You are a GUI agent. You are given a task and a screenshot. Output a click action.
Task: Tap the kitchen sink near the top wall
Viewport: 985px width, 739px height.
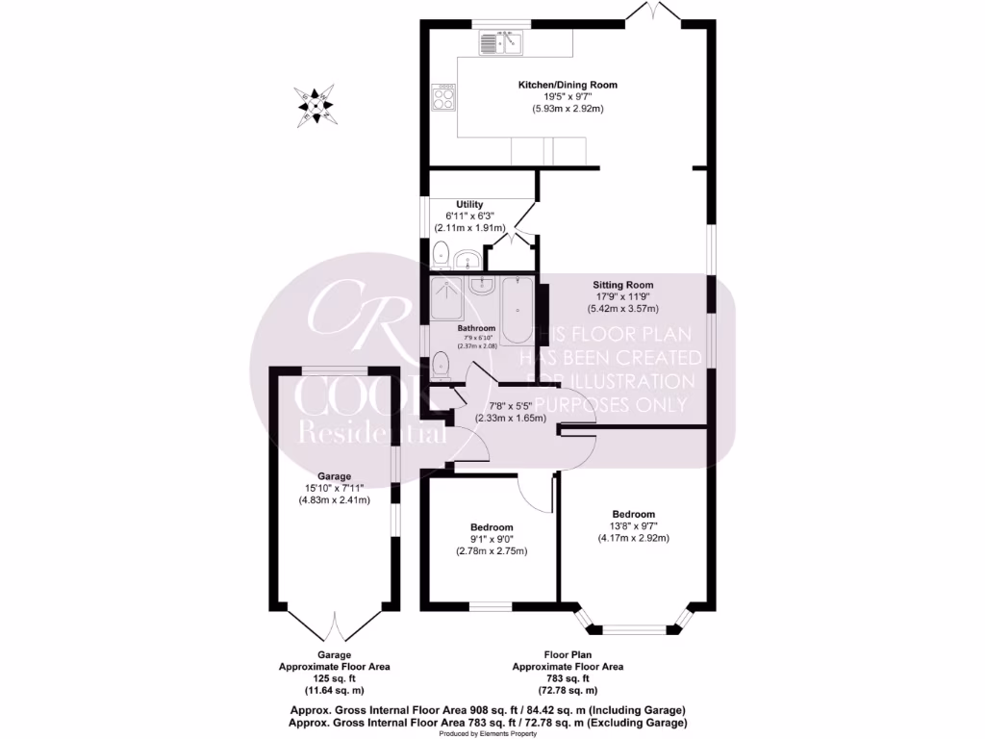(x=501, y=42)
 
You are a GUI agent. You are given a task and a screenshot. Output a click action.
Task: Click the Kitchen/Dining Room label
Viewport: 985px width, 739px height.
(x=568, y=85)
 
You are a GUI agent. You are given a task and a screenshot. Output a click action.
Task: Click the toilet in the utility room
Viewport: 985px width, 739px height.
(x=440, y=255)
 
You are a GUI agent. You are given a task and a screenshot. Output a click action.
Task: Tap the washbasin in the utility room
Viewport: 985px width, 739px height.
(x=467, y=260)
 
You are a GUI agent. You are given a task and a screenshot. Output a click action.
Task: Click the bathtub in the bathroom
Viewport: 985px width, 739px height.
(x=518, y=310)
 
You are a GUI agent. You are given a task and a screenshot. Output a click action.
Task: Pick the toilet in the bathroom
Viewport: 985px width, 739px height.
(x=441, y=364)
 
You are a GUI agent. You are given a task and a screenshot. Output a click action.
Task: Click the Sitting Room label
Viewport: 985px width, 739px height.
(x=622, y=285)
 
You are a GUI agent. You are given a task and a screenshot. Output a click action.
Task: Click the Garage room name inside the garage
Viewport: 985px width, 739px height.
(x=334, y=476)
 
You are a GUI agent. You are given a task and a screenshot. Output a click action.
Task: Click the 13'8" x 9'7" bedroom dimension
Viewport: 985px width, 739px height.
(x=632, y=526)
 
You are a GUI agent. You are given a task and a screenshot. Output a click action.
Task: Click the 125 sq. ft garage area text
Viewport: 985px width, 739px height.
(x=334, y=678)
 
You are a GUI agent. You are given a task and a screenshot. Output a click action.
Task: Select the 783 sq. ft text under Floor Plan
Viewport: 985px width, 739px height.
(x=568, y=678)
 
